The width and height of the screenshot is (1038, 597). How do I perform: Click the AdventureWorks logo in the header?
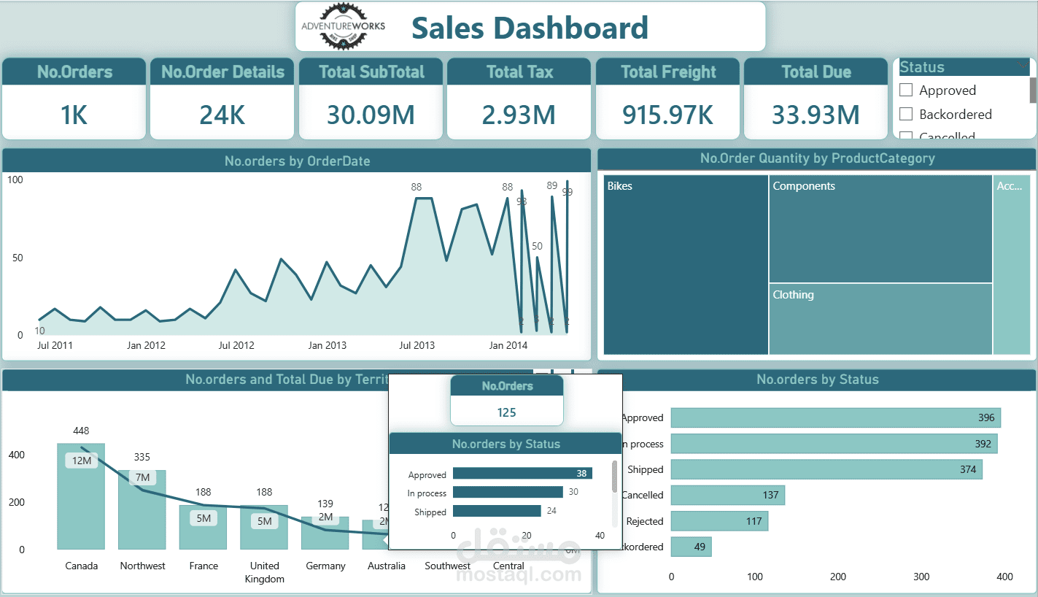pos(343,27)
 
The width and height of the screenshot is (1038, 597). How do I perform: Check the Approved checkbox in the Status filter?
pos(906,90)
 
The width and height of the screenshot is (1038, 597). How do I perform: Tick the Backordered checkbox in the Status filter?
pos(906,114)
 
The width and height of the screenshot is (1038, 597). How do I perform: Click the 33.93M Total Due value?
pos(816,115)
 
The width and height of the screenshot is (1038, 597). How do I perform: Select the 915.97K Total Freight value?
pos(667,115)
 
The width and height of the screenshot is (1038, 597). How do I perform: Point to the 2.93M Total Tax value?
pos(519,115)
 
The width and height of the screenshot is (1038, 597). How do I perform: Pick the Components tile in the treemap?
pos(880,228)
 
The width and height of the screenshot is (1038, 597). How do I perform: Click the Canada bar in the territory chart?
pos(81,504)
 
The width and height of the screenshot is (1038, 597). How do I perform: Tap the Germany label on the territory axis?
pos(325,566)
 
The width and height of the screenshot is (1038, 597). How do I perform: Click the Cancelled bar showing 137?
pos(727,495)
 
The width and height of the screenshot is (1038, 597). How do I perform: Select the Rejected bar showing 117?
pos(719,521)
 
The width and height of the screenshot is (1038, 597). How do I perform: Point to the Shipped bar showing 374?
pos(826,469)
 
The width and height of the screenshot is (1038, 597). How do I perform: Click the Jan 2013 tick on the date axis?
pos(327,345)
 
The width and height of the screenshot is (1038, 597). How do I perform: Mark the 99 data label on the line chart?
pos(568,192)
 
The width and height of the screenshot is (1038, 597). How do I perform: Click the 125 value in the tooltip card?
pos(506,412)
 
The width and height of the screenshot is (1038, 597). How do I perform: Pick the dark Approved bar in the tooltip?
pos(522,474)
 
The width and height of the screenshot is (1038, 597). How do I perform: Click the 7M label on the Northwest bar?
pos(142,477)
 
